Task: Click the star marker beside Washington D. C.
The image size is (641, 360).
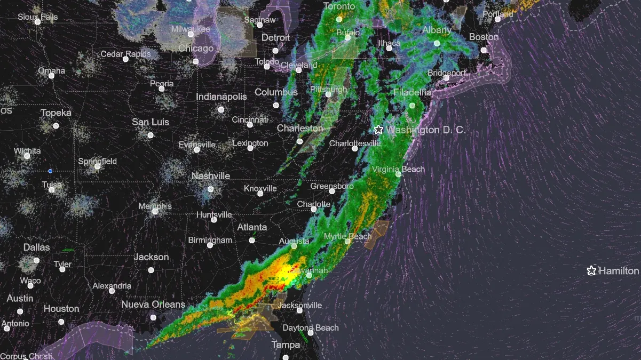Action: click(378, 130)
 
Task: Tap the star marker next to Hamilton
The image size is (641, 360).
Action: click(591, 271)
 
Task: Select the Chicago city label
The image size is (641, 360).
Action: click(196, 49)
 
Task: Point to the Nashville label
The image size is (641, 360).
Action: click(210, 176)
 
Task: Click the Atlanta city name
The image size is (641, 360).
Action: click(252, 227)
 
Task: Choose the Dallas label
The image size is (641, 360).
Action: click(36, 247)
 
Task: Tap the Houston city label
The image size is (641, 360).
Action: click(61, 309)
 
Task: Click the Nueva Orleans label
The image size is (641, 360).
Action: click(153, 305)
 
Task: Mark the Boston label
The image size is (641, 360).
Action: click(484, 37)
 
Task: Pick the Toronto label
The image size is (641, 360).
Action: click(339, 6)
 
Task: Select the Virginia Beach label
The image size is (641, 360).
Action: click(398, 169)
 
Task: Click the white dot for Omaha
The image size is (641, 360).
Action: click(52, 76)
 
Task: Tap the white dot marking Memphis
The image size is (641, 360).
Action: click(155, 211)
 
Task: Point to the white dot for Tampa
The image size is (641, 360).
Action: click(286, 358)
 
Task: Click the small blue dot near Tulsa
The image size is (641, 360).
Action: click(50, 171)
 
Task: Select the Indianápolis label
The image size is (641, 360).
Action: click(221, 97)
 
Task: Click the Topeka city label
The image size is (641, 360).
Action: click(56, 113)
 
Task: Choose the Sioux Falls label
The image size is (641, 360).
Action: click(37, 17)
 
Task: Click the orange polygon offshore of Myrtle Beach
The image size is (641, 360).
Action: click(377, 234)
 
